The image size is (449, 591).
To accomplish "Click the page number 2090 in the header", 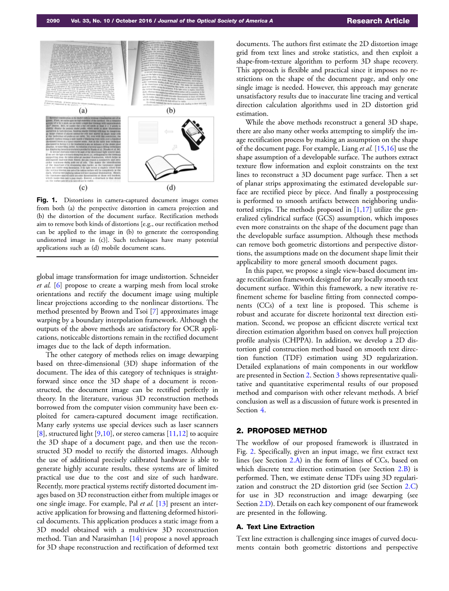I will click(x=53, y=21).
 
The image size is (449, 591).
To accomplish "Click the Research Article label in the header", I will click(x=378, y=21).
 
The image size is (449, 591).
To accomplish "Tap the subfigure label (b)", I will click(x=171, y=110).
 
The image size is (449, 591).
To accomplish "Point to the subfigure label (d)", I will click(x=171, y=187).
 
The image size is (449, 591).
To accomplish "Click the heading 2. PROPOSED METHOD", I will click(x=282, y=430).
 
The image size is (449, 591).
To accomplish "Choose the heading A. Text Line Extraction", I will click(x=275, y=526).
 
